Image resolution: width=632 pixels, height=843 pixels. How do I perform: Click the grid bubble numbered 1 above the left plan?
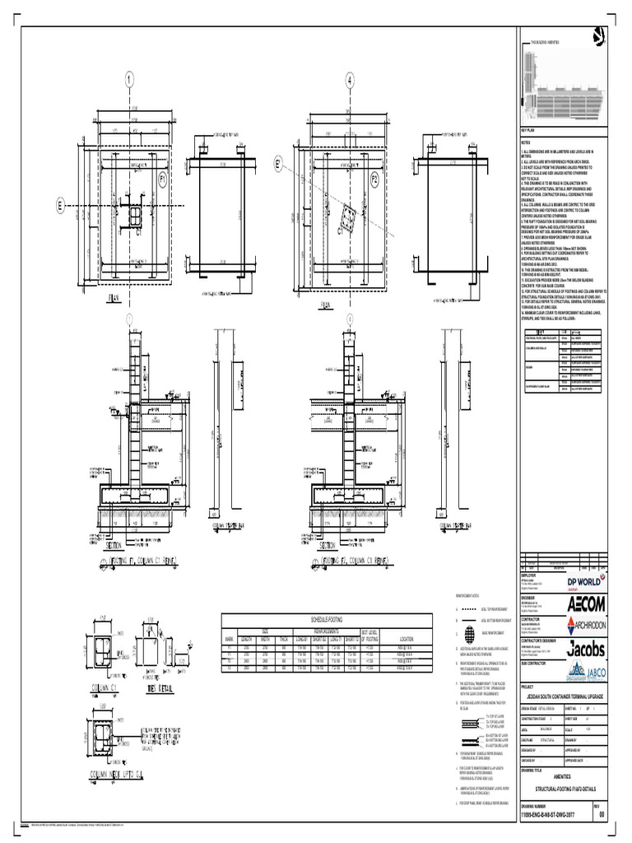pyautogui.click(x=129, y=80)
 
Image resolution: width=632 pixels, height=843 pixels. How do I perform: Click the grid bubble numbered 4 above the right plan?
pyautogui.click(x=350, y=80)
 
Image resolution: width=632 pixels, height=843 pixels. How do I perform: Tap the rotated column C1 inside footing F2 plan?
pyautogui.click(x=349, y=218)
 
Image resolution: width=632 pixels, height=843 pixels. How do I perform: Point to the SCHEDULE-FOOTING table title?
pyautogui.click(x=328, y=618)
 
